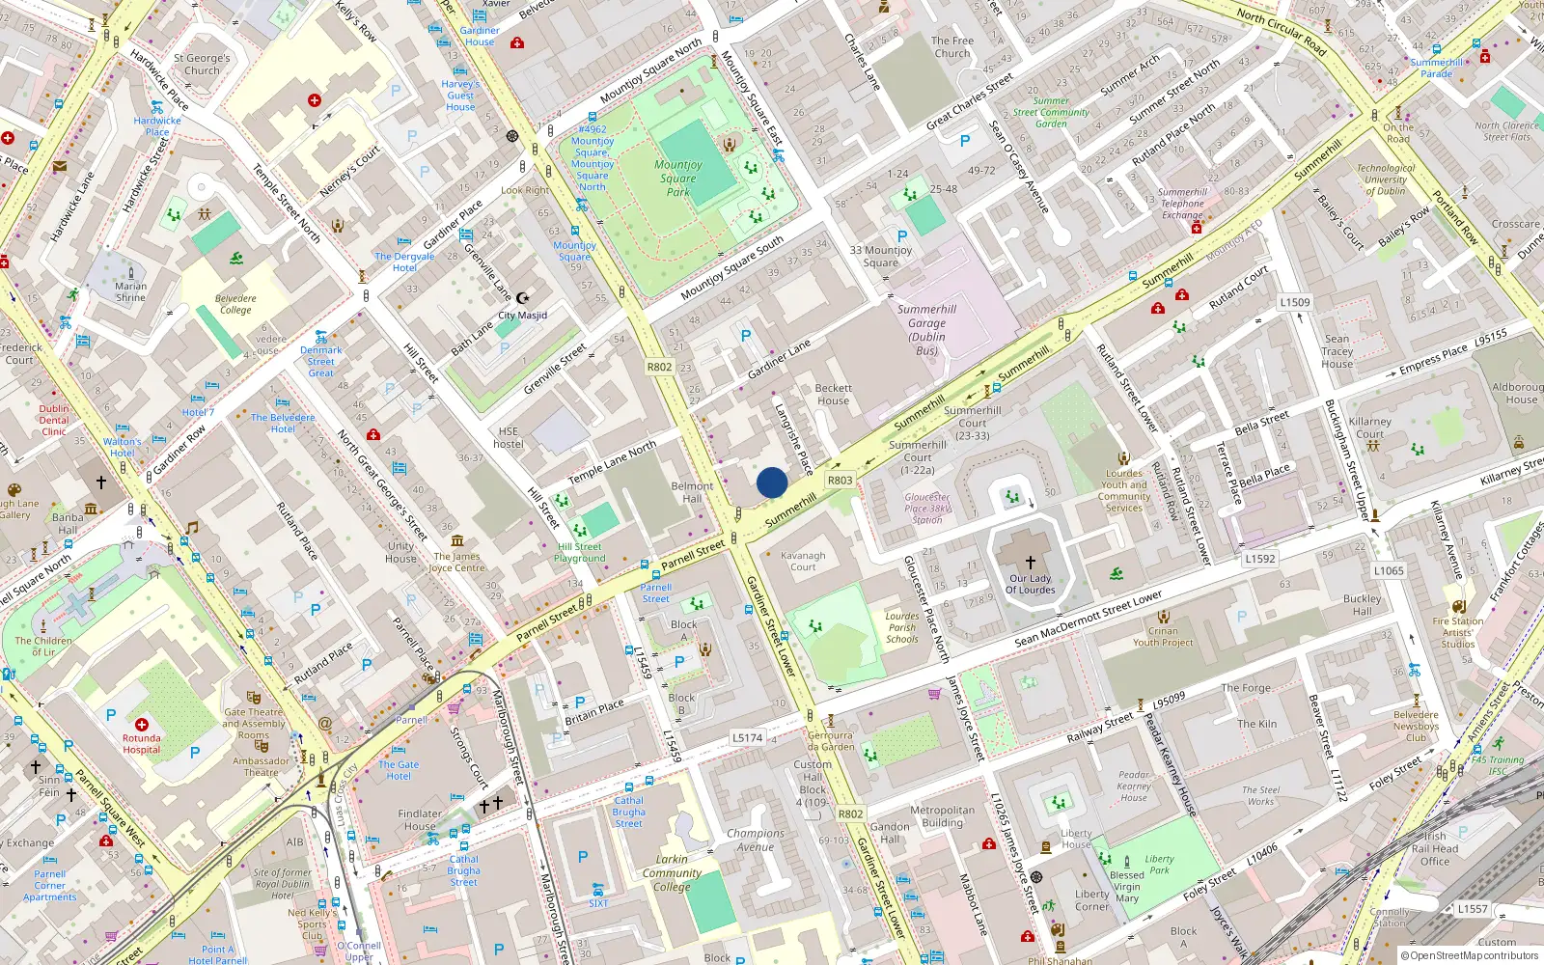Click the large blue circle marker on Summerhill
[x=772, y=482]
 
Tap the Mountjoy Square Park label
[x=678, y=179]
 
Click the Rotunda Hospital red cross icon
[x=142, y=725]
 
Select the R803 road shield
[x=840, y=480]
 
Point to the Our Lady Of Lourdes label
[x=1031, y=584]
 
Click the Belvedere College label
[x=235, y=304]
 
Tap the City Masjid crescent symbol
[x=523, y=298]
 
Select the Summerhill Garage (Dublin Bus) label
[x=926, y=330]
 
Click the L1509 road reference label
[x=1295, y=302]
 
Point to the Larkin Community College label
[x=672, y=872]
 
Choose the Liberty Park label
[x=1159, y=864]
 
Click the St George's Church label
[x=202, y=64]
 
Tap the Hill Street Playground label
[x=580, y=552]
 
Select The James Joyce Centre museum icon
[x=457, y=540]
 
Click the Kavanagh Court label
[x=803, y=561]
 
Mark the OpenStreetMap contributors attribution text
[x=1470, y=955]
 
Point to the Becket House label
[x=833, y=394]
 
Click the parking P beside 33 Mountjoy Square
[x=902, y=235]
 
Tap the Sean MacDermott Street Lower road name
[x=1089, y=620]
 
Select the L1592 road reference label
[x=1259, y=558]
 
